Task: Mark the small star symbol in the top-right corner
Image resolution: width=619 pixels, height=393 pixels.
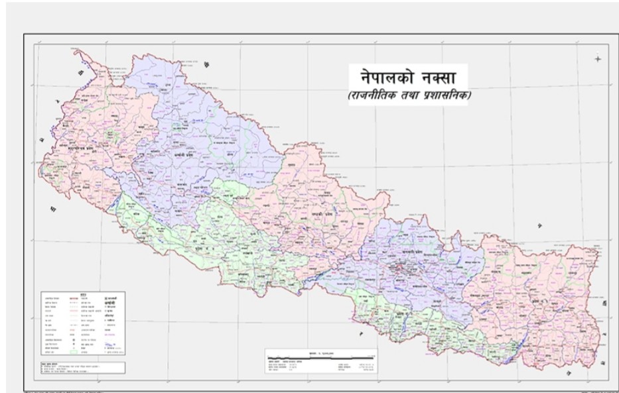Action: pos(598,59)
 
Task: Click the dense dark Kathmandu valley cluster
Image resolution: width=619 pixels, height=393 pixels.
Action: pos(399,269)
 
